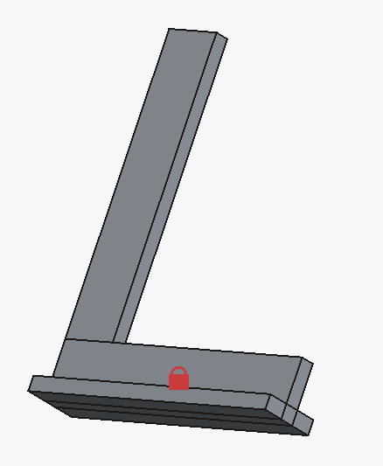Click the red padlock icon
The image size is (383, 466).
point(178,379)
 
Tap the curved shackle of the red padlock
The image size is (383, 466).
point(178,370)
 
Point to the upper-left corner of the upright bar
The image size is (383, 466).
point(169,29)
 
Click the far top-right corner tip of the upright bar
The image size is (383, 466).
point(227,38)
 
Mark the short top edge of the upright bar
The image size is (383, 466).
point(192,31)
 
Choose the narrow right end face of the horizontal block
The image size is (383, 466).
point(298,380)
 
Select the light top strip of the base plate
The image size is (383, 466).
point(149,390)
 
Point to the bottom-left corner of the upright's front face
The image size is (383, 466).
point(66,338)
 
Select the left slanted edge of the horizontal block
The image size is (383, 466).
point(59,358)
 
